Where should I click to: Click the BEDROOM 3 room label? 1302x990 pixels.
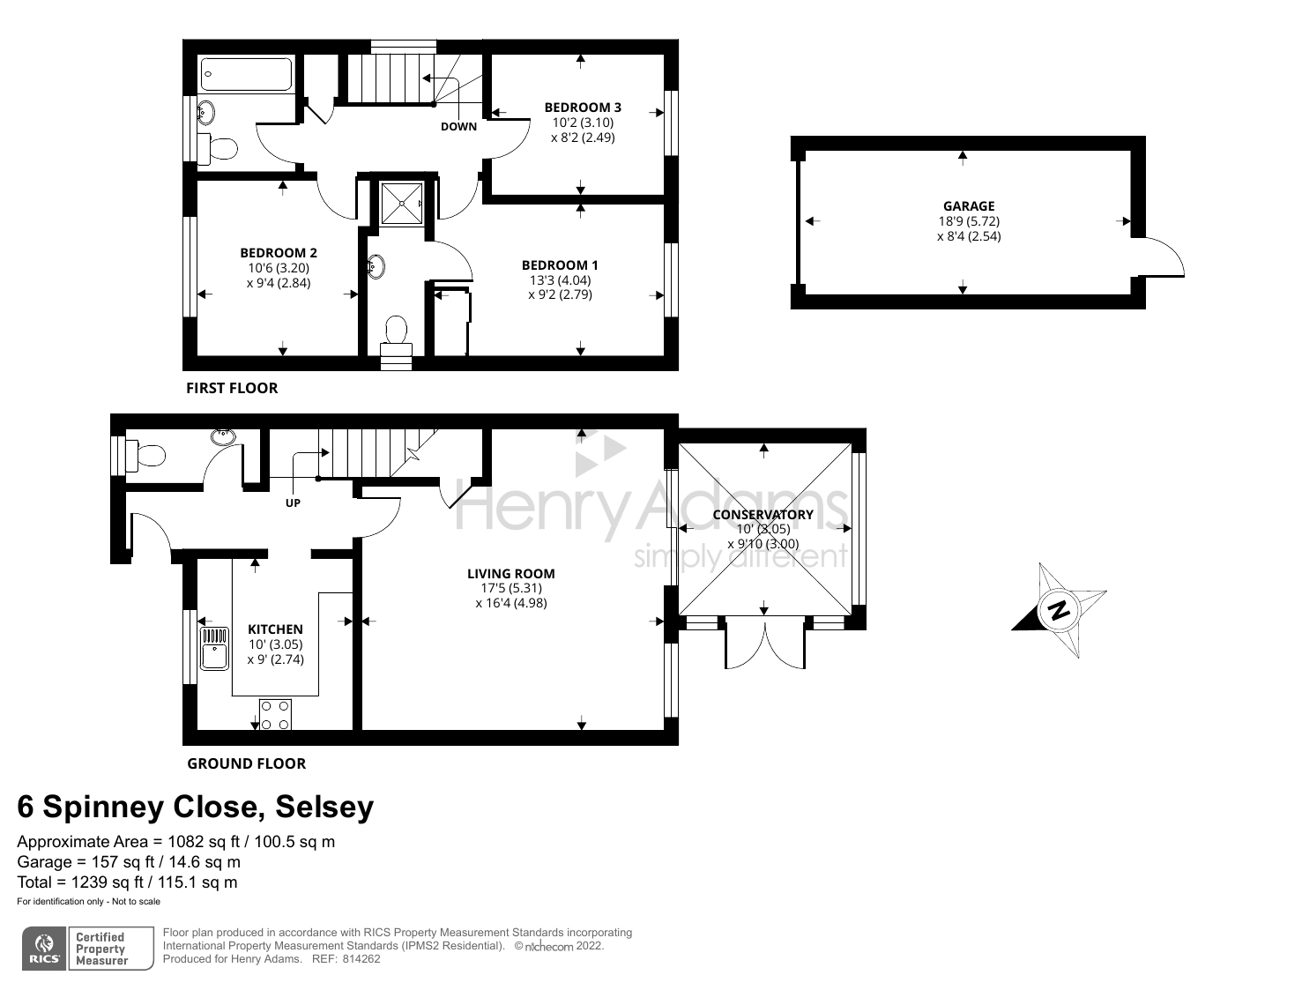[x=583, y=108]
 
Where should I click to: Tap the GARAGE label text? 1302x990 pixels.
[x=969, y=205]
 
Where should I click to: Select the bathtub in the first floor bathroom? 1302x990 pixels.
[x=246, y=73]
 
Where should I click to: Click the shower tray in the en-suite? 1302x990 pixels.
[x=402, y=204]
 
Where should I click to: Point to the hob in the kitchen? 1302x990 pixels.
[x=275, y=715]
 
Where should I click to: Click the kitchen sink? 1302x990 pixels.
[x=214, y=648]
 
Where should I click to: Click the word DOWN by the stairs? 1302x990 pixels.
[x=458, y=126]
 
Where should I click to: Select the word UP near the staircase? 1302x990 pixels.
[x=293, y=503]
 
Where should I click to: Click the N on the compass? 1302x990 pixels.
[x=1059, y=610]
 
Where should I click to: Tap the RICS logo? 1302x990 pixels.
[x=45, y=949]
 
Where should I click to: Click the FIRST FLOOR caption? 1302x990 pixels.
[x=232, y=388]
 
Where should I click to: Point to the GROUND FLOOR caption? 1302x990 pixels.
[x=247, y=763]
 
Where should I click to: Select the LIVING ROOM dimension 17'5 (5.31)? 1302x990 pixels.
[x=511, y=588]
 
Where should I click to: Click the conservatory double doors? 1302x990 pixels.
[x=765, y=643]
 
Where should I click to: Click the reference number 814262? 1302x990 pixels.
[x=361, y=958]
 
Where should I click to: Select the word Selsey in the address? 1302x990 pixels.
[x=324, y=807]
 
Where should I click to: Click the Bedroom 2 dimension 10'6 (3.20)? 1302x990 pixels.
[x=279, y=268]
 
